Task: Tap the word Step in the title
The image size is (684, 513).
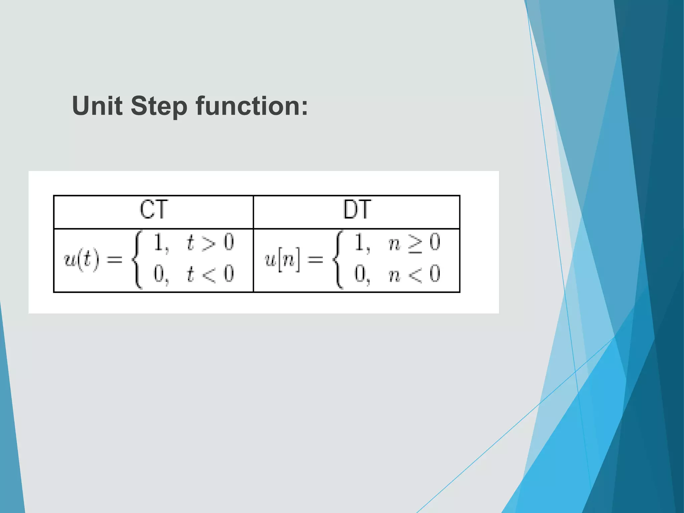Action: [x=159, y=106]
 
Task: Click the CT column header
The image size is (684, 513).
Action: [x=154, y=210]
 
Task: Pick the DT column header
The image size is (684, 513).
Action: [x=357, y=210]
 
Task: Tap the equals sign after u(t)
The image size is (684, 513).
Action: [x=114, y=260]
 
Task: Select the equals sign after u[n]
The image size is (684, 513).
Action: [x=315, y=260]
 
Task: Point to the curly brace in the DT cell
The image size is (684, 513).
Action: [x=338, y=260]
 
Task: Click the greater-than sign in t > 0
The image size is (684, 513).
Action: [x=209, y=243]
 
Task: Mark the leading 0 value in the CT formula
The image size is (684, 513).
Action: [x=158, y=274]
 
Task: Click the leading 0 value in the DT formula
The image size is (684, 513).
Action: [x=360, y=274]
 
